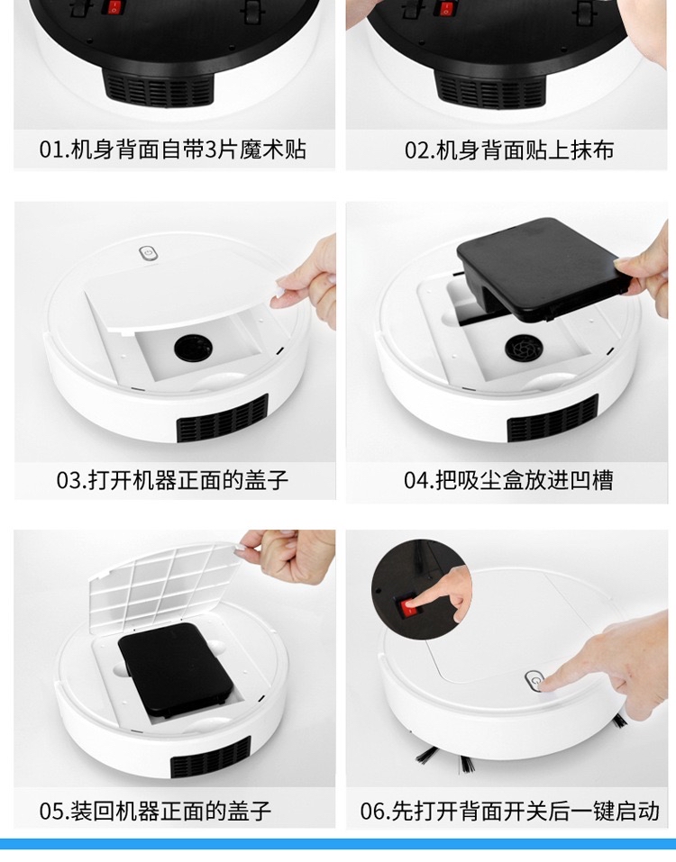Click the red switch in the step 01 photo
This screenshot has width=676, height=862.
(x=114, y=7)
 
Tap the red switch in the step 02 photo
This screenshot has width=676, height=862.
(x=445, y=8)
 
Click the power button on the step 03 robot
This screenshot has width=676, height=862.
(x=148, y=253)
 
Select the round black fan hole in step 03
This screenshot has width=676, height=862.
(x=193, y=348)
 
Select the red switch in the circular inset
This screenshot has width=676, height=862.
(x=410, y=607)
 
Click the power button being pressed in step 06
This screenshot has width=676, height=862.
(x=534, y=682)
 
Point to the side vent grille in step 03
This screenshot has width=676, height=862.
(x=223, y=418)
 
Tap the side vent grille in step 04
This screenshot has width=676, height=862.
(x=553, y=418)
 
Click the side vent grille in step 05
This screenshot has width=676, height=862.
(x=211, y=758)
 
